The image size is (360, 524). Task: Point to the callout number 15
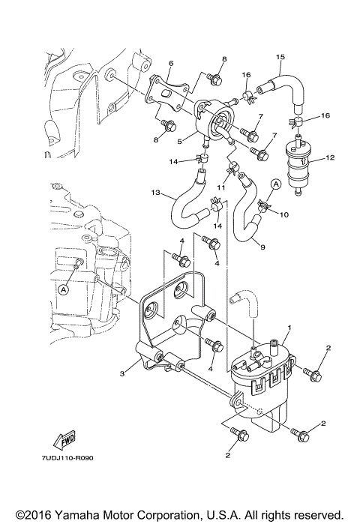280,57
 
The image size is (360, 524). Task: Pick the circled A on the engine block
64,287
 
